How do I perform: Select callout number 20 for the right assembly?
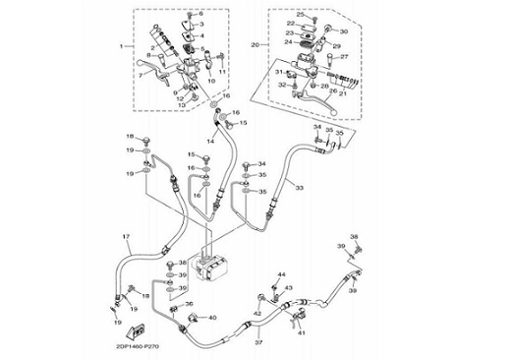tap(255, 45)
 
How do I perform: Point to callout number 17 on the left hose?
tap(126, 238)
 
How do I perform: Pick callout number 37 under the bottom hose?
tap(257, 341)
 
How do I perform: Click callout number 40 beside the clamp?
tap(212, 318)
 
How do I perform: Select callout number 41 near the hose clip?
tap(303, 333)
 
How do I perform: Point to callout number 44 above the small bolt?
tap(281, 273)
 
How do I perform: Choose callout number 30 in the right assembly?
tap(344, 31)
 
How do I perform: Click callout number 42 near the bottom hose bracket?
tap(257, 313)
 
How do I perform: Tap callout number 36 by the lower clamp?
tap(189, 305)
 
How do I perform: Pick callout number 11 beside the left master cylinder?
tap(223, 71)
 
